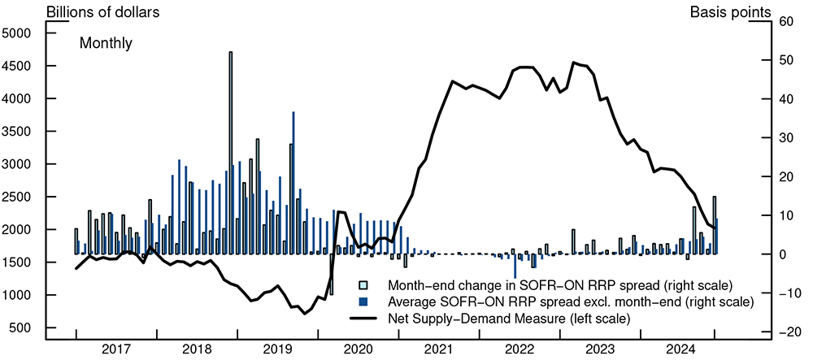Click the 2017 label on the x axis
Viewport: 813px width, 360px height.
(x=116, y=349)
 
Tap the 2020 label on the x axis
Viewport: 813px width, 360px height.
(x=358, y=349)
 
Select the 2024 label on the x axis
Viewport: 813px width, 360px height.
(x=680, y=349)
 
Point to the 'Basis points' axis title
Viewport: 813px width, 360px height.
(x=730, y=12)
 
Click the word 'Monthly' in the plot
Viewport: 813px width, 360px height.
(x=106, y=44)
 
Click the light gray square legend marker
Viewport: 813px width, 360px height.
(x=364, y=285)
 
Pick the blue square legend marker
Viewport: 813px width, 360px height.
(x=364, y=301)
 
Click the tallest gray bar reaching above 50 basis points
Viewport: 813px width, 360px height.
(x=231, y=154)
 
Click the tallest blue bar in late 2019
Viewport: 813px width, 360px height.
(x=293, y=183)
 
